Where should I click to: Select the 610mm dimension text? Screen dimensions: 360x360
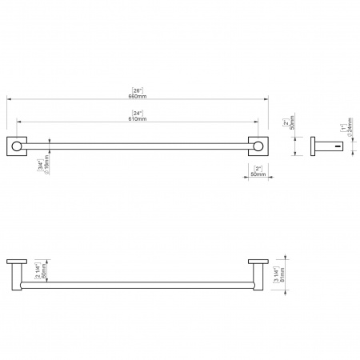coord(137,118)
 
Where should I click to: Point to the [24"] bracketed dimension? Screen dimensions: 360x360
coord(137,112)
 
